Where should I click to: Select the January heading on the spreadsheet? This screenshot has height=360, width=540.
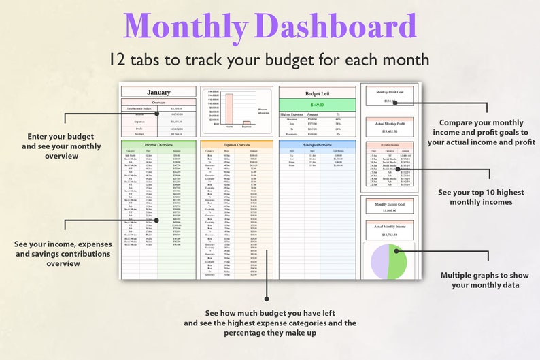(158, 92)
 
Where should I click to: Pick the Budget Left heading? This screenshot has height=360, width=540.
(317, 92)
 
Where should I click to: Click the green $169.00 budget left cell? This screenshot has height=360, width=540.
(317, 105)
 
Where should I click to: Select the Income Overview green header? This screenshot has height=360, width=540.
(158, 145)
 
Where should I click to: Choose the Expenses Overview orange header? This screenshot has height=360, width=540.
(237, 145)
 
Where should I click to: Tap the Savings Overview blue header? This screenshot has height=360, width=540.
(317, 145)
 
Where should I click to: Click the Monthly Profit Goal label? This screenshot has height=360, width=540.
(389, 91)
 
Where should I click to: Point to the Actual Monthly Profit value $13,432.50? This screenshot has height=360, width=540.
(389, 131)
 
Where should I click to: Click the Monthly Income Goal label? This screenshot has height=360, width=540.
(389, 204)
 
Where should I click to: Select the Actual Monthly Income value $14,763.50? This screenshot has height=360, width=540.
(389, 234)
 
